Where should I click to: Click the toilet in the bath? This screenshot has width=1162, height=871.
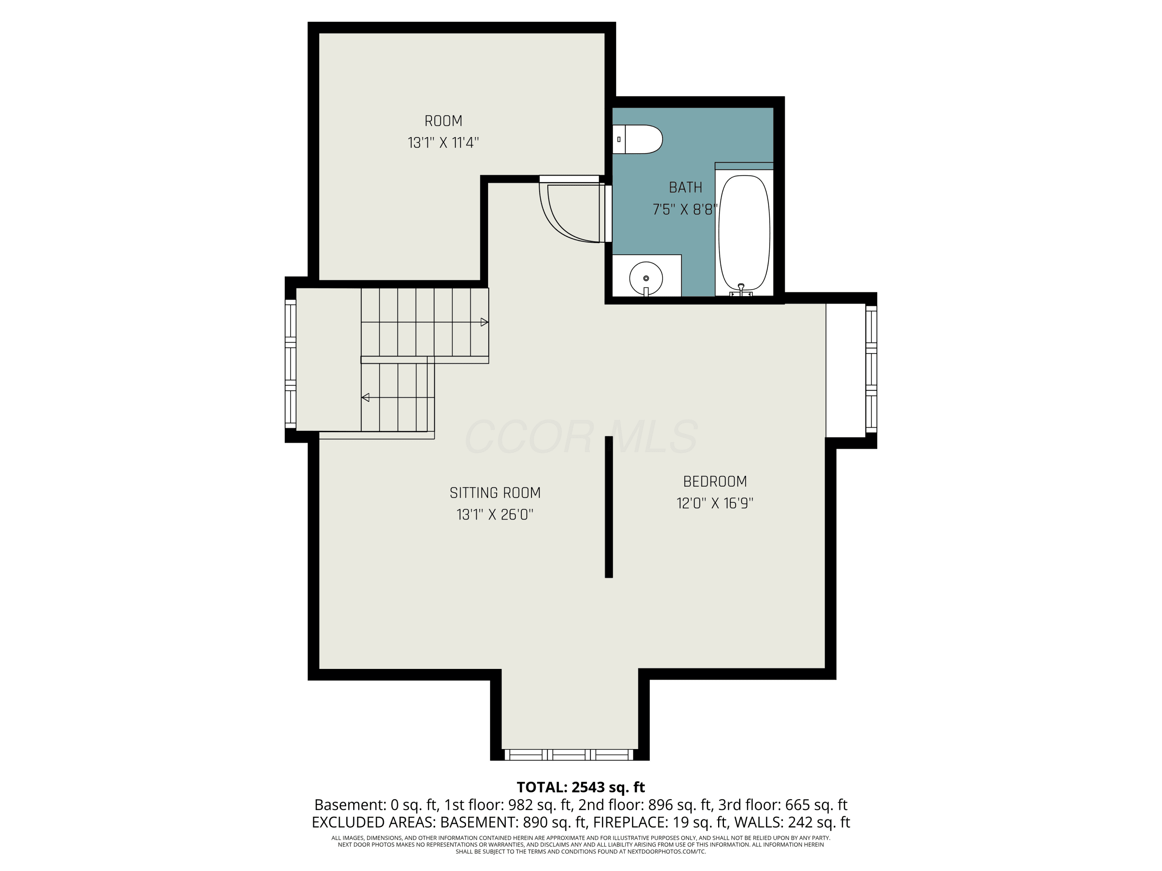(637, 139)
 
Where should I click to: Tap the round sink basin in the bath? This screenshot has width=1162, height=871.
(646, 278)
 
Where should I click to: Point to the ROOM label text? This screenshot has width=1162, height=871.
(443, 121)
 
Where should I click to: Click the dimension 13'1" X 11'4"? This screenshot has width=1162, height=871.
(443, 143)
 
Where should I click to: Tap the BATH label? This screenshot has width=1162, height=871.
(686, 187)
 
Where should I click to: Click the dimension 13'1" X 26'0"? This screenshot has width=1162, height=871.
(495, 514)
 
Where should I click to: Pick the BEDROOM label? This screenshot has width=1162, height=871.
(715, 482)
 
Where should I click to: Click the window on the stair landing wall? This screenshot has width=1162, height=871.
(290, 364)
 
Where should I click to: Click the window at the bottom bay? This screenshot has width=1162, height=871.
(569, 755)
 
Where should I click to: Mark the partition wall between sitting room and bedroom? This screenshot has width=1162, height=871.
(609, 507)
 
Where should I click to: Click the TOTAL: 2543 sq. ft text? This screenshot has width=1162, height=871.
(581, 787)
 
